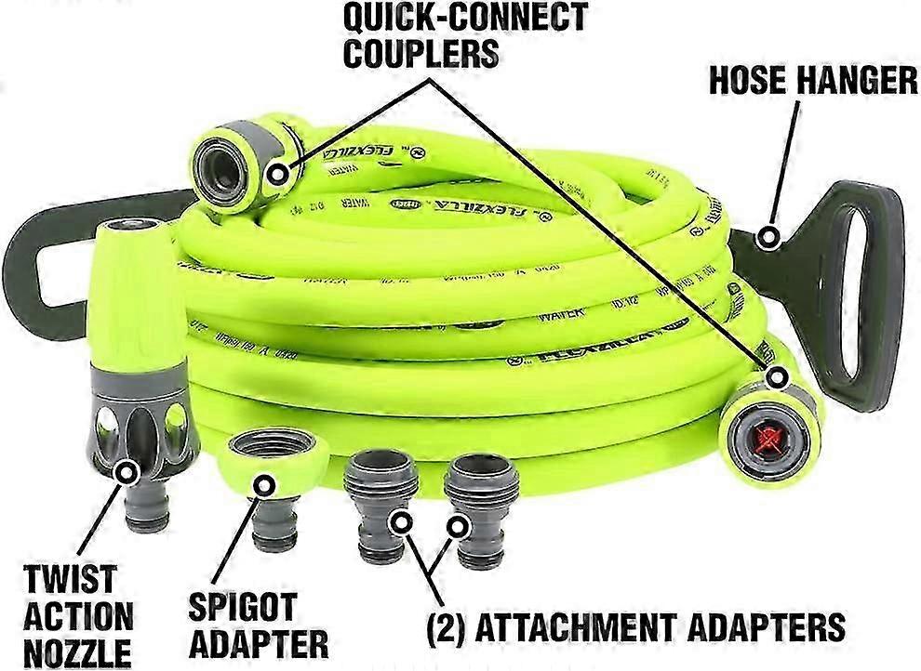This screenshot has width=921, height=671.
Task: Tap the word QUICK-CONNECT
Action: coord(465,17)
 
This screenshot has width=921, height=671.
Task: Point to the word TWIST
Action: coord(70,579)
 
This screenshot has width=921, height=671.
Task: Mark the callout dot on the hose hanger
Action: coord(768,237)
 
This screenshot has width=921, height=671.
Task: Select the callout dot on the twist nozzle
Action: coord(124,473)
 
